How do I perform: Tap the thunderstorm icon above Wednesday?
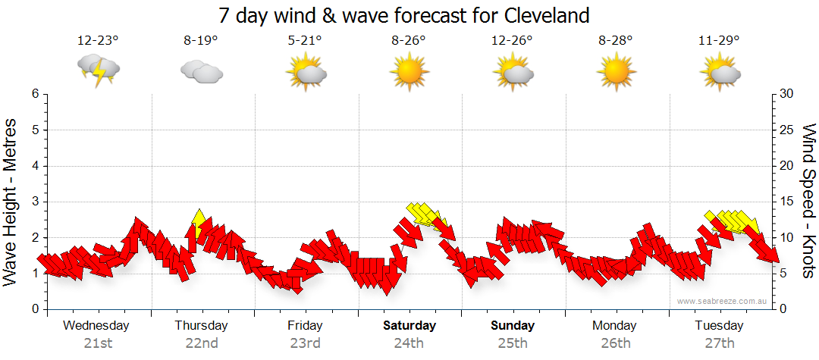pyautogui.click(x=98, y=70)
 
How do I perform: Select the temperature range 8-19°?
pyautogui.click(x=202, y=41)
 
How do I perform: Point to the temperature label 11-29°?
pyautogui.click(x=719, y=41)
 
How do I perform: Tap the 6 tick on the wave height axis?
pyautogui.click(x=35, y=94)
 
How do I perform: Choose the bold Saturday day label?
pyautogui.click(x=409, y=326)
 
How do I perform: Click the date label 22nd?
pyautogui.click(x=202, y=343)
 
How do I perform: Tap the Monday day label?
pyautogui.click(x=615, y=326)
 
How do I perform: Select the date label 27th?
pyautogui.click(x=719, y=343)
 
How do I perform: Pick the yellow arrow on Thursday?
pyautogui.click(x=199, y=221)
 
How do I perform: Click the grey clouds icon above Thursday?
pyautogui.click(x=202, y=71)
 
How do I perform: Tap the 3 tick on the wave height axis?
pyautogui.click(x=35, y=202)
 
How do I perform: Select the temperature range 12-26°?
pyautogui.click(x=512, y=41)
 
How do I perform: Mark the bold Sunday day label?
pyautogui.click(x=513, y=326)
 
